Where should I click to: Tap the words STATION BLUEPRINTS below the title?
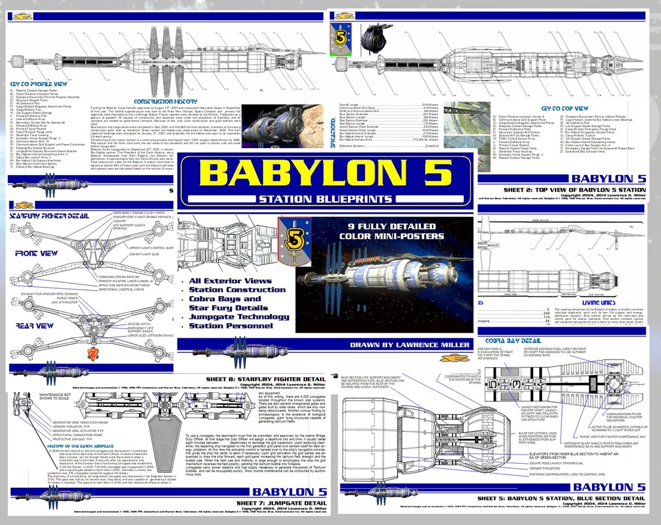tap(325, 199)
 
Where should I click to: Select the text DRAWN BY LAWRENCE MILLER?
tap(409, 345)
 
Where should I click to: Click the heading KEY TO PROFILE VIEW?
tap(38, 84)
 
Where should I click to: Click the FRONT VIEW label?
tap(36, 253)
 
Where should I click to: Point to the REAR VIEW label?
tap(36, 326)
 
